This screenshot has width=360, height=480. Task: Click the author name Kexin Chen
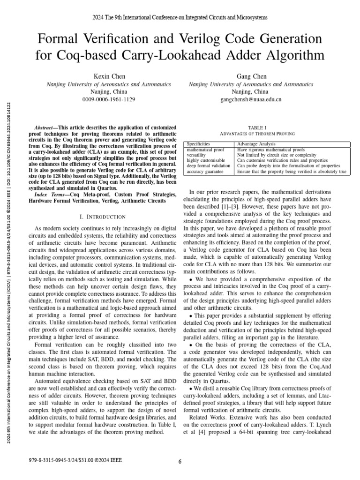coord(108,76)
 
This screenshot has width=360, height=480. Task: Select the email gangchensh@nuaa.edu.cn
coord(251,99)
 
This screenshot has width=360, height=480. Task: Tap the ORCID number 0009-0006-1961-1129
coord(108,99)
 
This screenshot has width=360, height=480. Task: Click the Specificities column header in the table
coord(199,144)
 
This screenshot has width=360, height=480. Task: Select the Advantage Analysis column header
coord(256,144)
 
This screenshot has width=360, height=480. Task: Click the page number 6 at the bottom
coord(180,461)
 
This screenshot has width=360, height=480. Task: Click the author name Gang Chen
coord(251,76)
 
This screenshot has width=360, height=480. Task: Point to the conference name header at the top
coord(180,17)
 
